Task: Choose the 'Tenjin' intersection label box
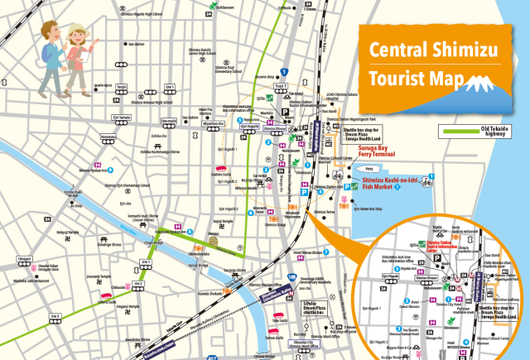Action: coord(122,87)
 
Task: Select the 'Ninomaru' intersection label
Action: coord(108,137)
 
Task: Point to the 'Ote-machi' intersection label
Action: coord(169,122)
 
